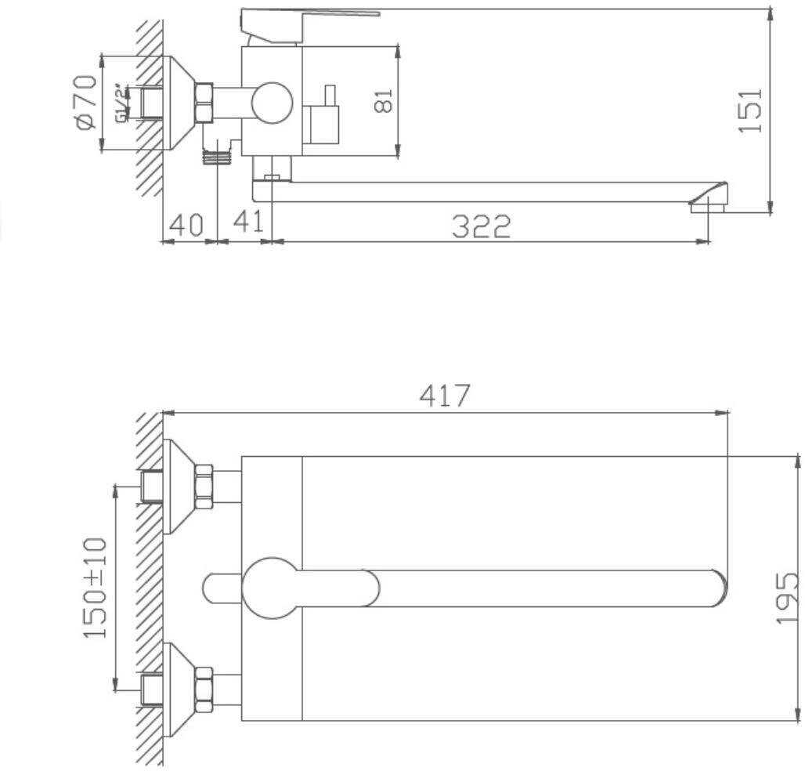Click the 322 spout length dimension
point(481,226)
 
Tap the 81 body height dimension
point(383,100)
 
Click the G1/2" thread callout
point(121,103)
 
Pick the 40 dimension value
point(186,225)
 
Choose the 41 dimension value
point(248,223)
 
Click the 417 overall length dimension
point(445,396)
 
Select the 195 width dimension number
point(787,598)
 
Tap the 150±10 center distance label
point(96,588)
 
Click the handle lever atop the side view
point(313,16)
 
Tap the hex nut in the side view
point(204,103)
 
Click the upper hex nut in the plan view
point(203,486)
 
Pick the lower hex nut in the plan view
point(203,690)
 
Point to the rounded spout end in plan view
point(717,588)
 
